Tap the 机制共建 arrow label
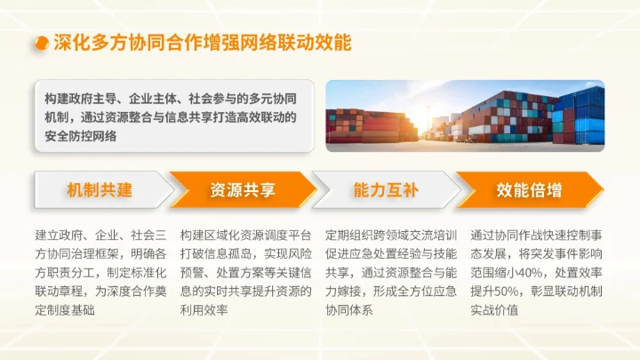(99, 190)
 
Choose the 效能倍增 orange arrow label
(529, 190)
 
